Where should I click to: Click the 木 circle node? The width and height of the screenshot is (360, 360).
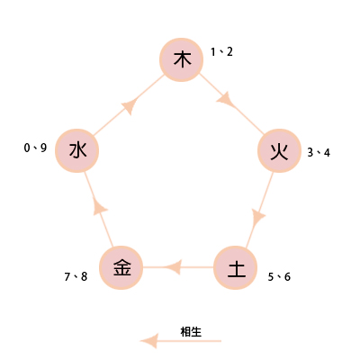click(181, 59)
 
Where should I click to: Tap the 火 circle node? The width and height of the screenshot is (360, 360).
click(279, 150)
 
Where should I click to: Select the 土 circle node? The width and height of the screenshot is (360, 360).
click(236, 267)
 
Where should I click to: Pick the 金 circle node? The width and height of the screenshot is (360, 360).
click(121, 267)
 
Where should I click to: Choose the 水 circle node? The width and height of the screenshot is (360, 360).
click(77, 150)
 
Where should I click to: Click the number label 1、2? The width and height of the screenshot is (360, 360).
click(221, 52)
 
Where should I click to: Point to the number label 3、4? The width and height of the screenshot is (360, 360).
click(319, 153)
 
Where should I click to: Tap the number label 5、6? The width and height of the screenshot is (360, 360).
click(279, 276)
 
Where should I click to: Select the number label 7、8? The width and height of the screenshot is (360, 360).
click(76, 276)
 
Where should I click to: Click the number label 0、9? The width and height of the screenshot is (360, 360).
click(35, 148)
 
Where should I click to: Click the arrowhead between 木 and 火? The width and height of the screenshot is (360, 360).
click(225, 100)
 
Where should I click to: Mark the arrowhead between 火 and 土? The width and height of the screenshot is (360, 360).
click(258, 218)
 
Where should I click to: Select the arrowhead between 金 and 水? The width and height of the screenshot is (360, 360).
click(100, 206)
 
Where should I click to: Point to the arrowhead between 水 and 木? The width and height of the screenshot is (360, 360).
click(130, 106)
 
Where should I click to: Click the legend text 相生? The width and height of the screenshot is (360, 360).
click(191, 332)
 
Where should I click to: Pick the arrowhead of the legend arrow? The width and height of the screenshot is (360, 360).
click(148, 341)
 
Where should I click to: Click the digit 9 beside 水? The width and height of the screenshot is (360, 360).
click(43, 148)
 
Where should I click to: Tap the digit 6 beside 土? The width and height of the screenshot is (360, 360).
click(287, 276)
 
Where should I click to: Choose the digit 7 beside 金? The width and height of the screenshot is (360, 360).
click(67, 276)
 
